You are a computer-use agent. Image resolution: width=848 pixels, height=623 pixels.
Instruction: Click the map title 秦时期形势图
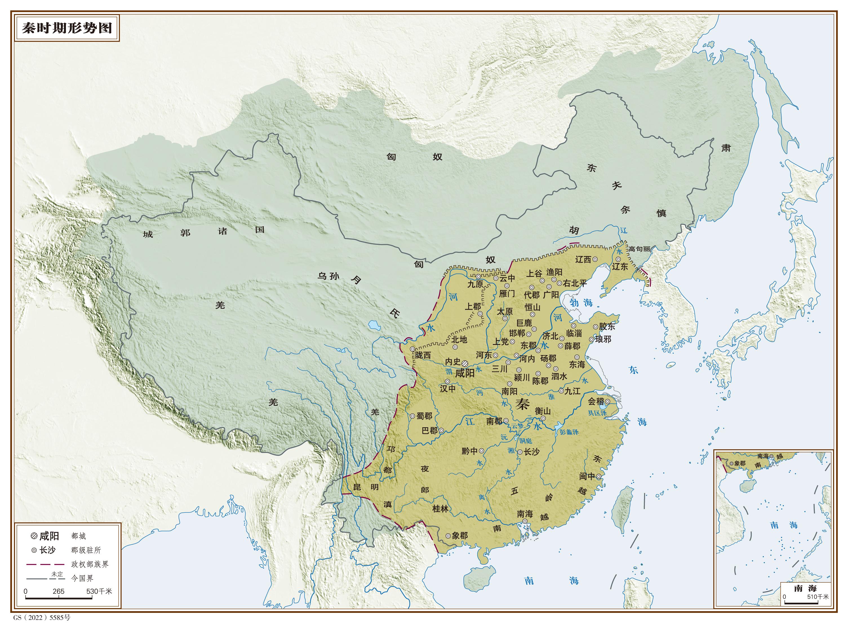tap(67, 28)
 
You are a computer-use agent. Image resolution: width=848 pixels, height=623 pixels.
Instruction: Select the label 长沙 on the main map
tap(532, 452)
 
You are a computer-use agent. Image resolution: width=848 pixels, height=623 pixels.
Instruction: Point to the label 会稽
tap(596, 401)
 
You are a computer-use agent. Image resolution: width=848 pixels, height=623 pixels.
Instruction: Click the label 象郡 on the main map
tap(459, 536)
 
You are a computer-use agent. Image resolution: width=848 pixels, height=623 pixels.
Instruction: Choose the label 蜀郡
tap(424, 416)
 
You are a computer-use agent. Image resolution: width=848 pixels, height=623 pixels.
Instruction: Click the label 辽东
tap(620, 267)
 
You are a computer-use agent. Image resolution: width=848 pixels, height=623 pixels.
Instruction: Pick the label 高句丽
tap(639, 249)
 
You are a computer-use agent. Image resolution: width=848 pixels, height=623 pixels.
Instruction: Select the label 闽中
tap(587, 477)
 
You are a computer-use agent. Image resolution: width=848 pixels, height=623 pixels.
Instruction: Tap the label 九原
tap(475, 284)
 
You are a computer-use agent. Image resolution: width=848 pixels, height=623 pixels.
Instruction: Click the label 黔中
tap(469, 451)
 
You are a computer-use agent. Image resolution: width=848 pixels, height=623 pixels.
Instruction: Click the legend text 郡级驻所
tap(86, 550)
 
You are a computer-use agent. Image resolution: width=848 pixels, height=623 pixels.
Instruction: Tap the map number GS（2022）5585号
tap(42, 618)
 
